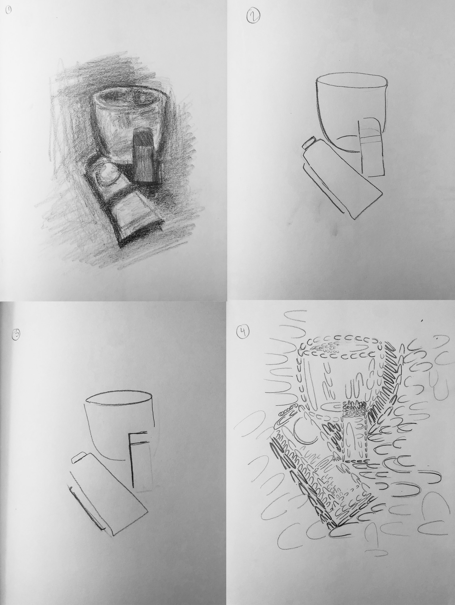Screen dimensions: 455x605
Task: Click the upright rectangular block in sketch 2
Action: [x=372, y=148]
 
